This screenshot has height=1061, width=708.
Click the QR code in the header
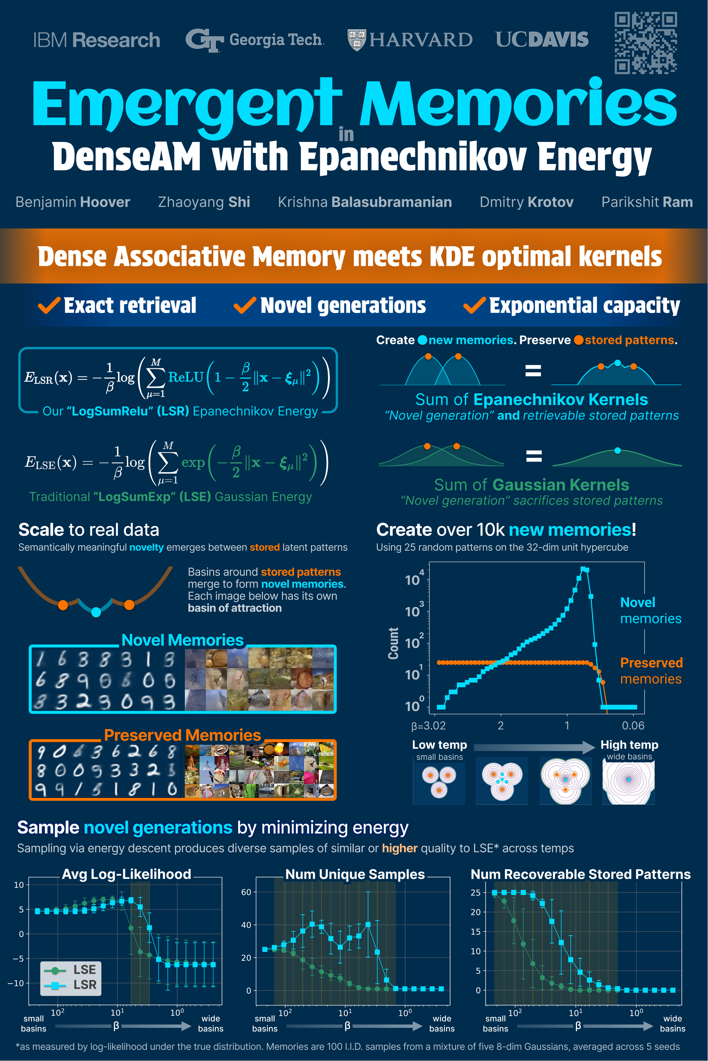(646, 43)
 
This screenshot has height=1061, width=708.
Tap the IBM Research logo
(97, 40)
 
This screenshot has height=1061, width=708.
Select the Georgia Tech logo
(255, 40)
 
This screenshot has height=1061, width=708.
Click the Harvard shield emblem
(357, 40)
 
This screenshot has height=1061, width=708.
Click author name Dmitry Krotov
(526, 202)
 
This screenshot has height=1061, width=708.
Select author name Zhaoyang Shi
(204, 202)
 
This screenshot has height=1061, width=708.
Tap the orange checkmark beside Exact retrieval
(49, 305)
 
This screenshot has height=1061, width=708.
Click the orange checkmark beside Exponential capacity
(475, 305)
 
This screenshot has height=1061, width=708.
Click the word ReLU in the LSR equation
(186, 377)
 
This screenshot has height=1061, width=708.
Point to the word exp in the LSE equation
(193, 463)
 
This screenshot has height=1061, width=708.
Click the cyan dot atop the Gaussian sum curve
(618, 451)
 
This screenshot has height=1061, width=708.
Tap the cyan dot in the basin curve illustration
(96, 612)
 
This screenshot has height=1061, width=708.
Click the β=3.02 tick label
(428, 726)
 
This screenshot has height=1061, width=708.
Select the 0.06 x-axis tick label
(633, 726)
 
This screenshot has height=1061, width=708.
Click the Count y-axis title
(393, 643)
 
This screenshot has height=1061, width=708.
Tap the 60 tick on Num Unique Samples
(246, 892)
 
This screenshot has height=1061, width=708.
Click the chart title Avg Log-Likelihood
(127, 874)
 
